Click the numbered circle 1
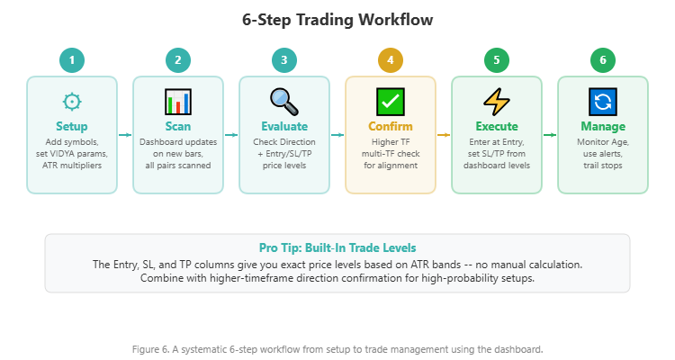[72, 60]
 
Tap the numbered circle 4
[391, 60]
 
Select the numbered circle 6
[603, 60]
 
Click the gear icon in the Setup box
[72, 100]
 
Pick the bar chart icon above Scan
[178, 100]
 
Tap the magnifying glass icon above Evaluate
[284, 100]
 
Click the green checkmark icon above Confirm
[391, 100]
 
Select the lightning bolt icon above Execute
[497, 100]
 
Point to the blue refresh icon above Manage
[603, 100]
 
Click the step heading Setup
[72, 127]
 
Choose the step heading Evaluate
[284, 127]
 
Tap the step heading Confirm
[391, 127]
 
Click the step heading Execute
[497, 127]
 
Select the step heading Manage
[603, 127]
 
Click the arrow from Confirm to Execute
[444, 135]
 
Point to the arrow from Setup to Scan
[125, 135]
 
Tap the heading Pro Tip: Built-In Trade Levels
[337, 247]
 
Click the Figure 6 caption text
[337, 348]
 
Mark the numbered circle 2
[178, 60]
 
